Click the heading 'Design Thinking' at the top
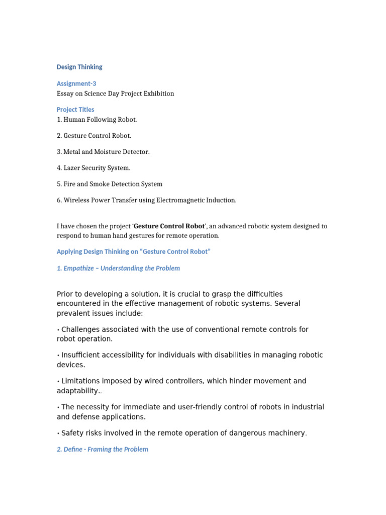tap(79, 67)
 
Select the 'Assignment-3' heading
tap(76, 83)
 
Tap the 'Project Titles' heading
tap(75, 109)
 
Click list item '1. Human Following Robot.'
tap(96, 120)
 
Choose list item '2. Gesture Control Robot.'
tap(94, 136)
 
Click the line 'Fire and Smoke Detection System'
tap(110, 184)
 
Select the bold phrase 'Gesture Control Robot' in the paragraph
tap(169, 226)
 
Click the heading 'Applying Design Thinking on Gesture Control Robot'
tap(133, 251)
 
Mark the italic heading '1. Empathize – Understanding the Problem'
tap(118, 268)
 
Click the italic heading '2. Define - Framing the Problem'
tap(103, 449)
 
